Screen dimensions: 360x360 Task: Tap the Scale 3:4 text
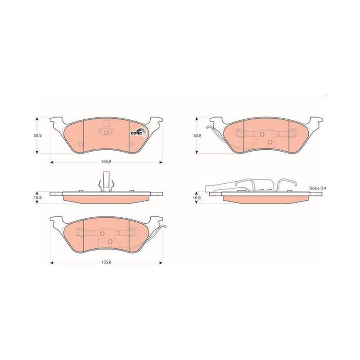click(318, 188)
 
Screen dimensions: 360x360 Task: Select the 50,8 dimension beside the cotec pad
click(37, 135)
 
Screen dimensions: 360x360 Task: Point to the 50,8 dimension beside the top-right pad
click(197, 136)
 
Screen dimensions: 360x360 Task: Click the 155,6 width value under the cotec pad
click(106, 162)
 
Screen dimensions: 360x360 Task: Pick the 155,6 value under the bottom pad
click(106, 263)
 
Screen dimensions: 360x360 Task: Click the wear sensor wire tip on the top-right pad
click(207, 128)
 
